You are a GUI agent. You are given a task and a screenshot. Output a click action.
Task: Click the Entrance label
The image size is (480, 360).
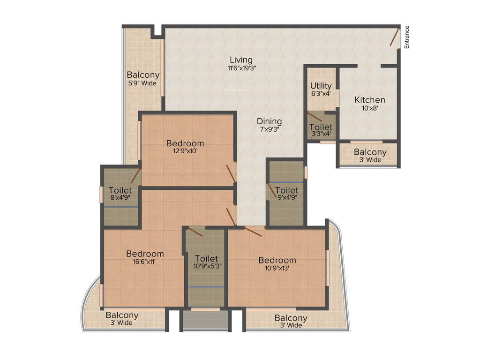[x=407, y=37]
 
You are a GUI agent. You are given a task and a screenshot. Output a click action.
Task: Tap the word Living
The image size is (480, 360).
[x=241, y=60]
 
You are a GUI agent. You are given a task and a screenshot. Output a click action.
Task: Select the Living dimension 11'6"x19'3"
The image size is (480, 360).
[x=241, y=68]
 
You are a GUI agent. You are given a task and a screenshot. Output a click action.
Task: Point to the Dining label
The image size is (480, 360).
[x=269, y=121]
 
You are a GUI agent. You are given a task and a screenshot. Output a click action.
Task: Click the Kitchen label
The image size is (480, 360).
[x=370, y=100]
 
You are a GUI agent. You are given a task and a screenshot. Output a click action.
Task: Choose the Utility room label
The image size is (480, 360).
[x=321, y=86]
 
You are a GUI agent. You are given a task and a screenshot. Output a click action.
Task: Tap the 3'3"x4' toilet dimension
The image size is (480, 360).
[x=321, y=134]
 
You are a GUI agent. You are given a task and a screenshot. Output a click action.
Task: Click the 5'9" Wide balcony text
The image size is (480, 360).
[x=142, y=83]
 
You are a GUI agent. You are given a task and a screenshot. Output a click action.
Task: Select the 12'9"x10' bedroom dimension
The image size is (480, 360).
[x=185, y=151]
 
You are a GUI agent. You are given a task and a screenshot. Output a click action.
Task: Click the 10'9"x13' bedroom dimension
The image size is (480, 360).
[x=277, y=268]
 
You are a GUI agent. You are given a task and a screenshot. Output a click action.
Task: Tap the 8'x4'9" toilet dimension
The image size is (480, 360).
[x=120, y=198]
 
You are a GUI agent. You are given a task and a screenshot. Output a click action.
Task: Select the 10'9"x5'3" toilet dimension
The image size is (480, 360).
[x=206, y=266]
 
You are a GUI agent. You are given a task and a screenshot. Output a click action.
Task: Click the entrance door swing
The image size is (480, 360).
[x=395, y=37]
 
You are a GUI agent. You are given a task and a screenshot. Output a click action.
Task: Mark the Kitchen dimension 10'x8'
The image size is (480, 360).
[x=370, y=108]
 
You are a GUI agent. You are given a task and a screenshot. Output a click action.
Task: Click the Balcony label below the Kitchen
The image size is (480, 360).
[x=370, y=152]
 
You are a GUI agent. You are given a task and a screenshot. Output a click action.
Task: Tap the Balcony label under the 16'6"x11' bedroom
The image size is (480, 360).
[x=122, y=315]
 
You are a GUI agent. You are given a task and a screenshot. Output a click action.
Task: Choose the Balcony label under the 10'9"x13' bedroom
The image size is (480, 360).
[x=291, y=318]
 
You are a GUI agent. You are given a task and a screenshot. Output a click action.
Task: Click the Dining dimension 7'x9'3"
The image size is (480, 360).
[x=269, y=129]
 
